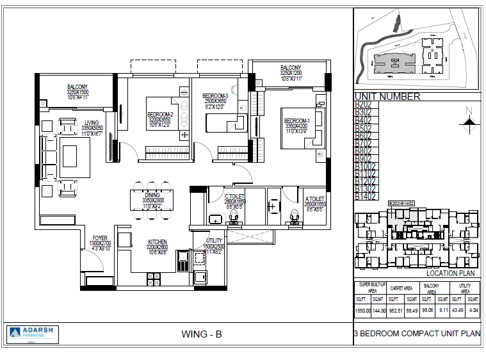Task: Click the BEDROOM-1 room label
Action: coord(296,121)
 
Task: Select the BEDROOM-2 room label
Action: coord(160,115)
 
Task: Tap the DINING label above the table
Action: coord(152,195)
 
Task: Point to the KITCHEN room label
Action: coord(158,242)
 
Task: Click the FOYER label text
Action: coord(100,238)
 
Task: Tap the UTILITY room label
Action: coord(214,241)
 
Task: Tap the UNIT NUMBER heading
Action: coord(387,97)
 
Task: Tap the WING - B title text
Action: coord(201,334)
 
